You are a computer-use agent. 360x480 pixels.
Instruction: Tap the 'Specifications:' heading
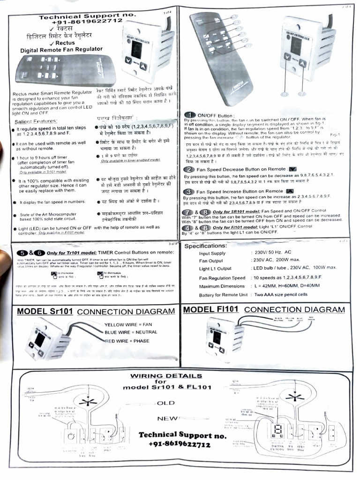click(206, 246)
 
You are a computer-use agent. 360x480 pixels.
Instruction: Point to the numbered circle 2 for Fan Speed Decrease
click(189, 169)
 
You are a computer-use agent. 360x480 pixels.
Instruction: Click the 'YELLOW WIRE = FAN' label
click(128, 324)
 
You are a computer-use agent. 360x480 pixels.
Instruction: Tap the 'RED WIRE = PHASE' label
click(127, 341)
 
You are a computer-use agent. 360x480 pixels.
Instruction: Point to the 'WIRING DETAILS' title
click(166, 375)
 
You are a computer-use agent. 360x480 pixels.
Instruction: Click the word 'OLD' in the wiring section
click(165, 403)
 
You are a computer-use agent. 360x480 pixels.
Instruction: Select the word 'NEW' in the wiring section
click(166, 418)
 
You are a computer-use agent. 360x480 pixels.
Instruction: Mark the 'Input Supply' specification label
click(212, 254)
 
